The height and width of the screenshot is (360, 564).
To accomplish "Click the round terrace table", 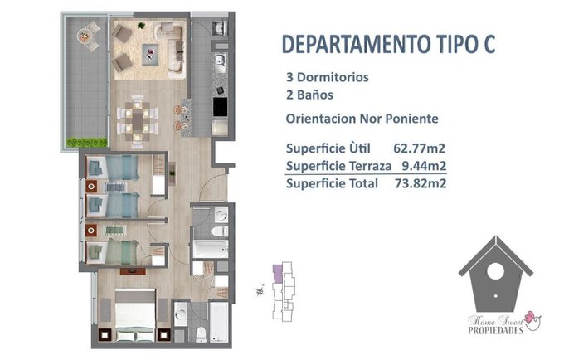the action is click(x=84, y=36).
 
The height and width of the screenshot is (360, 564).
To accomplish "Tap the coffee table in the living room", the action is click(x=150, y=54).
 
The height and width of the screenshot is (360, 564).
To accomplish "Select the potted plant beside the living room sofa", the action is click(x=141, y=25).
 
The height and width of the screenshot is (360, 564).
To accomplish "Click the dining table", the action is click(x=138, y=121).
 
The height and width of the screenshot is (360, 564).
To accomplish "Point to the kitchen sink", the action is click(x=220, y=60).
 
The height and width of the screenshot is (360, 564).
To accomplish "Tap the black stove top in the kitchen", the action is click(x=220, y=107).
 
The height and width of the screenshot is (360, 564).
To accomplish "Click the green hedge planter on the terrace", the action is click(x=87, y=143).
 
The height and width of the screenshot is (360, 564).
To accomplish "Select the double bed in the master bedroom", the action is click(x=135, y=315).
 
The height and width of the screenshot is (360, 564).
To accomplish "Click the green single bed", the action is click(x=113, y=251).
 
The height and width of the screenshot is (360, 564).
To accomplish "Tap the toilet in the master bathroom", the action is click(x=201, y=334).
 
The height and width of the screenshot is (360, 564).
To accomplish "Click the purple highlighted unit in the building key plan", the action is click(x=277, y=274).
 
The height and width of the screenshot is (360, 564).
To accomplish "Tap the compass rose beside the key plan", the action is click(x=260, y=290).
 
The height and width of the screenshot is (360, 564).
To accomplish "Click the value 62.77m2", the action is click(x=420, y=148).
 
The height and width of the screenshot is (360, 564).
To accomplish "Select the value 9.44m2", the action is click(x=424, y=166).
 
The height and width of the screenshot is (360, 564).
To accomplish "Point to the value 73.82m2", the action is click(x=421, y=183).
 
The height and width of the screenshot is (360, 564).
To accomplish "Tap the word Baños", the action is click(x=315, y=95).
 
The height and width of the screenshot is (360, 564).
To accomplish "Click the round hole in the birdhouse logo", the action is click(x=495, y=270).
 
